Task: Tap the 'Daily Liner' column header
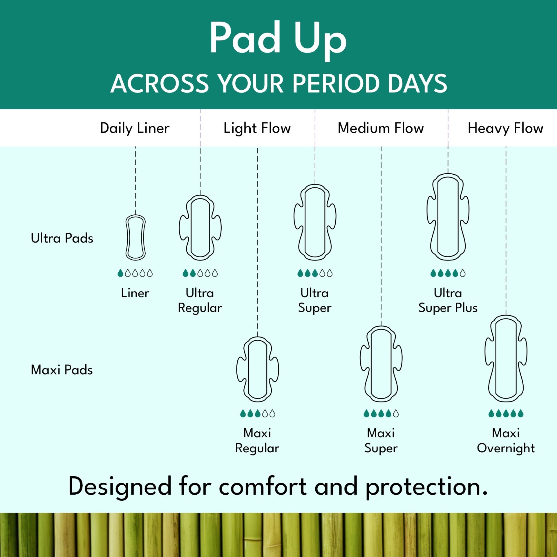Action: pos(135,128)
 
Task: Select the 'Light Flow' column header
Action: pos(257,128)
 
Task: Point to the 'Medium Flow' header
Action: pos(381,128)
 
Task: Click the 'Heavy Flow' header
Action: pos(505,128)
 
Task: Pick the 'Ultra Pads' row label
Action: pos(62,238)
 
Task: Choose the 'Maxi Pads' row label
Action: pos(62,370)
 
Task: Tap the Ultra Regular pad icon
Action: pos(200,228)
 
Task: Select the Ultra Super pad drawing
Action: pos(315,222)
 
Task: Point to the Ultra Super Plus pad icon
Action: pos(448,217)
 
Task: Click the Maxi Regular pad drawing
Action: pos(258,369)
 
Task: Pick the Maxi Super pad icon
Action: pos(381,364)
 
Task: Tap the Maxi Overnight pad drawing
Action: pos(506,359)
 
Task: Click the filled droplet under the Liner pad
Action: pos(120,273)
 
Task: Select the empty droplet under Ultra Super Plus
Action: pos(463,273)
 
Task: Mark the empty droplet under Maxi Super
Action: pos(396,413)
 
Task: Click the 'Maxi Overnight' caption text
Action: pos(506,441)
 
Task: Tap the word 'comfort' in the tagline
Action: pos(263,486)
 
